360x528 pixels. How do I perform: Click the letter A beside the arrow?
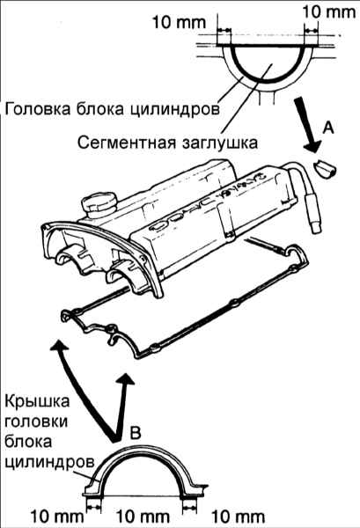pyautogui.click(x=328, y=128)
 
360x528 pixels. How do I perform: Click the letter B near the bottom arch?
pyautogui.click(x=136, y=433)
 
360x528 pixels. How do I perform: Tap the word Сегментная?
pyautogui.click(x=127, y=143)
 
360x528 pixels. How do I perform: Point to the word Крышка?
pyautogui.click(x=37, y=401)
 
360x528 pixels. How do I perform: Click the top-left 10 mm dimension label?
pyautogui.click(x=179, y=23)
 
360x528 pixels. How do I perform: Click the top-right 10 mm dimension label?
pyautogui.click(x=328, y=12)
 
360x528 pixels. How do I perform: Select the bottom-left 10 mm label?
pyautogui.click(x=57, y=517)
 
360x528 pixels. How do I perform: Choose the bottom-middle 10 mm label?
pyautogui.click(x=143, y=517)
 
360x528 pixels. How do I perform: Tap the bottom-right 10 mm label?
pyautogui.click(x=238, y=517)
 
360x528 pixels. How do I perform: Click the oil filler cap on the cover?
pyautogui.click(x=99, y=205)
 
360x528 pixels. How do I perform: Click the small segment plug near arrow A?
pyautogui.click(x=325, y=169)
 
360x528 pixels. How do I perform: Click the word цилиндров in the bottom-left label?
pyautogui.click(x=49, y=462)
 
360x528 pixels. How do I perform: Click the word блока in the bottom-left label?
pyautogui.click(x=29, y=441)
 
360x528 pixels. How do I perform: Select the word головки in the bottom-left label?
pyautogui.click(x=36, y=422)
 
